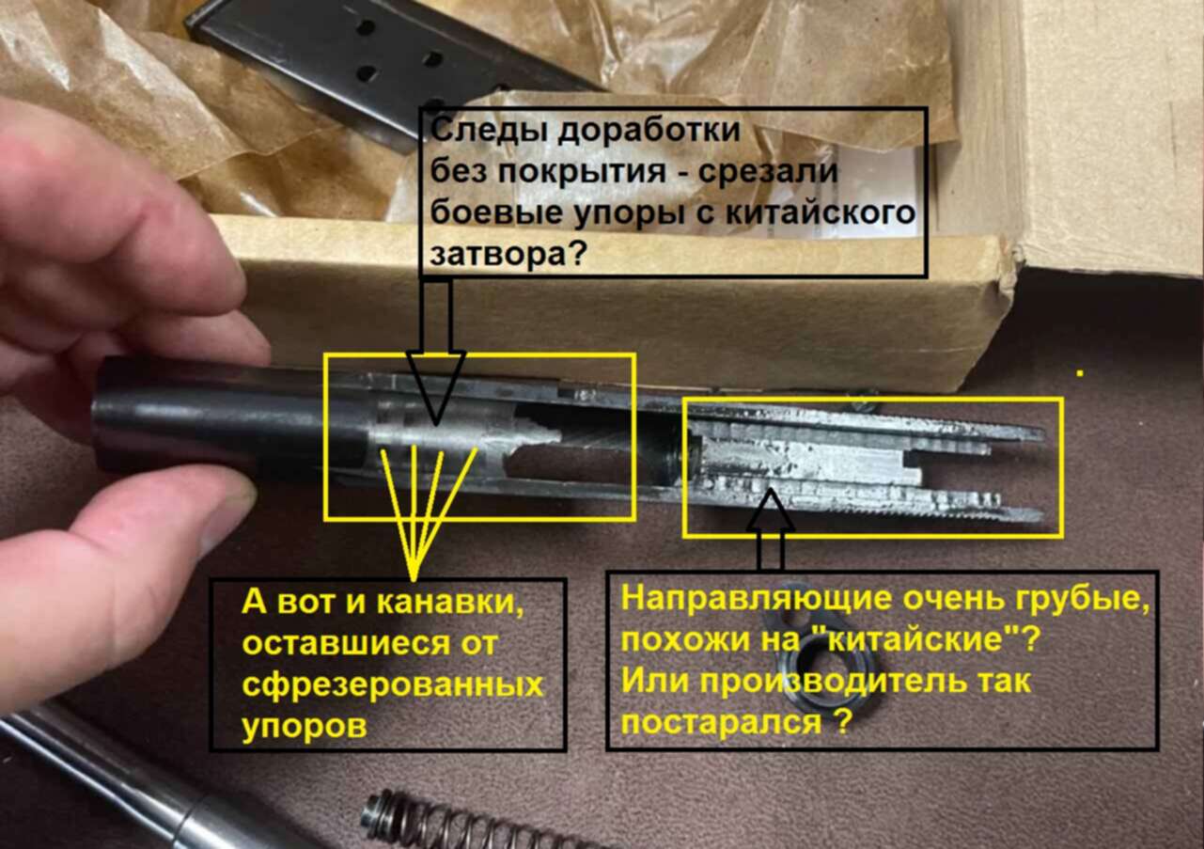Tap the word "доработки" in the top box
(649, 133)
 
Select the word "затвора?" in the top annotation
(507, 254)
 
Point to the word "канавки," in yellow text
(449, 603)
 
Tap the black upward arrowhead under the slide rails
(770, 510)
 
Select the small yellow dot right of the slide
(1080, 372)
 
